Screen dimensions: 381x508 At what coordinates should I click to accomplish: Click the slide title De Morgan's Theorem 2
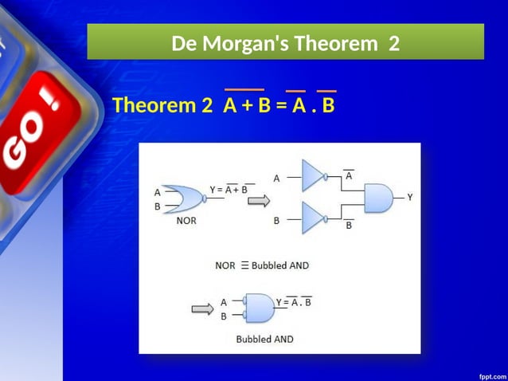point(285,42)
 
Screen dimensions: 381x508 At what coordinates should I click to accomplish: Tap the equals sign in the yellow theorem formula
point(281,105)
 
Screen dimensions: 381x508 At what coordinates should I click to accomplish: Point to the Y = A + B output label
point(232,189)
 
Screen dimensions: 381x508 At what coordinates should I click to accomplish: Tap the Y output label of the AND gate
point(410,197)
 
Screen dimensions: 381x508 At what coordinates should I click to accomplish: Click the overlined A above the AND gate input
point(349,174)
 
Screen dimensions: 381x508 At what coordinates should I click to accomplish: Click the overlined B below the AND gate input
point(349,226)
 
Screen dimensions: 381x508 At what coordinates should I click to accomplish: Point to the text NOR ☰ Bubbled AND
point(262,265)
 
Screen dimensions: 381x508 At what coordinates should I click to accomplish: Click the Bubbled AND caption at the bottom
point(264,339)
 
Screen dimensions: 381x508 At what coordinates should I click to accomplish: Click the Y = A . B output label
point(294,301)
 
